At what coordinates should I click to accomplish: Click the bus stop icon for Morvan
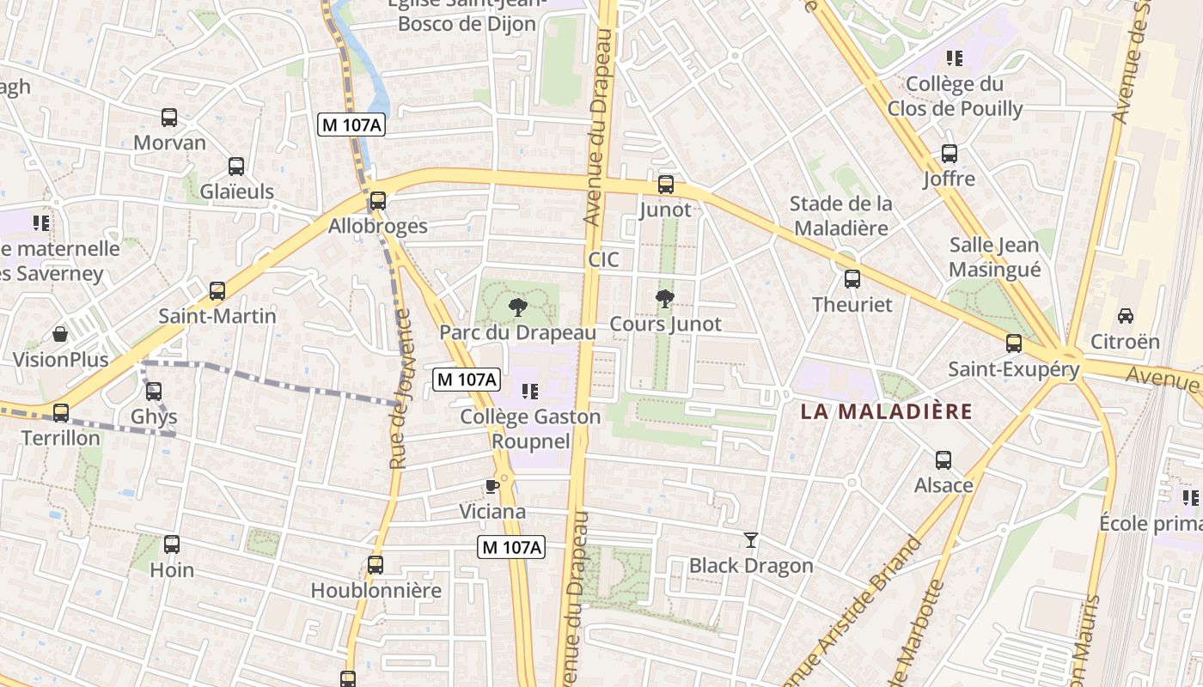(169, 118)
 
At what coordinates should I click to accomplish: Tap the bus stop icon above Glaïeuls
(236, 167)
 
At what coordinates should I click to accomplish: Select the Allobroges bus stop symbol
(377, 201)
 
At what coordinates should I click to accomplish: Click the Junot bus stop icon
(665, 184)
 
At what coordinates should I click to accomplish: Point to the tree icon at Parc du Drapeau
(517, 307)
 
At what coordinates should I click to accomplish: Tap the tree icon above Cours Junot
(664, 299)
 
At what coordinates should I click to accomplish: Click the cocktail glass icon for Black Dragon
(751, 540)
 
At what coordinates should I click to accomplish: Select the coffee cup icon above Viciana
(492, 487)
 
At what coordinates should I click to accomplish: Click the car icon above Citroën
(1125, 315)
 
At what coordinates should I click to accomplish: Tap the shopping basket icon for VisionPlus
(60, 333)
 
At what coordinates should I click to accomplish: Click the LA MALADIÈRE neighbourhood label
(886, 411)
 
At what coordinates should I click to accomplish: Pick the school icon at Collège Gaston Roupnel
(530, 392)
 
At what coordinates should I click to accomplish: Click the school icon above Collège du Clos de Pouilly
(954, 58)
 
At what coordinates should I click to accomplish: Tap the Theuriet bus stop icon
(852, 279)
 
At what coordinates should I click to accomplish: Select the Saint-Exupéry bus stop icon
(1014, 343)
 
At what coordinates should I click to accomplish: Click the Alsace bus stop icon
(943, 459)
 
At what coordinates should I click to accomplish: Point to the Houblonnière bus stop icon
(376, 565)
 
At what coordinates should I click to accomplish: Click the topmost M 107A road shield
(351, 125)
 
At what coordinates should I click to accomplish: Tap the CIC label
(603, 259)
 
